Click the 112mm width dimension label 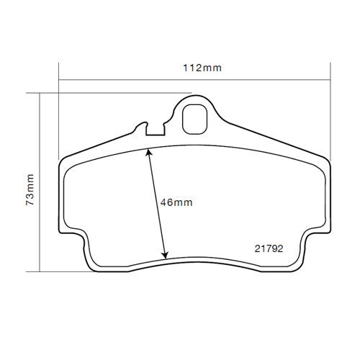point(202,68)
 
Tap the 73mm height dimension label point(30,189)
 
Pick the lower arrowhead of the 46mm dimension point(165,256)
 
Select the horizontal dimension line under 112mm point(144,78)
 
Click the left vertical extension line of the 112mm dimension point(58,108)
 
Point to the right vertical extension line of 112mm point(330,108)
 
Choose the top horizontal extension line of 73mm point(108,92)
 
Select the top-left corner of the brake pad point(60,161)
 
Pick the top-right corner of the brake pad point(328,161)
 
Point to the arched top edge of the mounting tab point(194,97)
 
